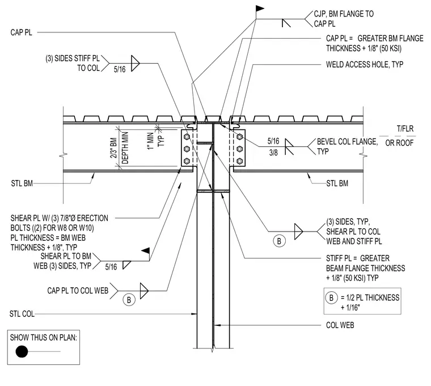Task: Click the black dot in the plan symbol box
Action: (22, 351)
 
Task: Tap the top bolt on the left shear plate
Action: (187, 137)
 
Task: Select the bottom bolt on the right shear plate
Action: (240, 161)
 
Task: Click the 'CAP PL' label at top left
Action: (21, 32)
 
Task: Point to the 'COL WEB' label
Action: (340, 325)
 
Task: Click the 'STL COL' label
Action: (22, 314)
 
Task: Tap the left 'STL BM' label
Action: (22, 183)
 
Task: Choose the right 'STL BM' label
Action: (337, 183)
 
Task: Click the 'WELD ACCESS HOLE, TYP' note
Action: (365, 65)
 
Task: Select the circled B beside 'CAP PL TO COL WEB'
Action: (129, 300)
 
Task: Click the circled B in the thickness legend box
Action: (332, 298)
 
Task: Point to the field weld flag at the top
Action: (260, 9)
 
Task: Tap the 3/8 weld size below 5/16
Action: (273, 153)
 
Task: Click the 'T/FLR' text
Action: (405, 129)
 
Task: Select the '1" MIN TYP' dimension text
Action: (155, 141)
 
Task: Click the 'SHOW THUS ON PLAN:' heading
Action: (44, 337)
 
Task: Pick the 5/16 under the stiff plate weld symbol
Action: (120, 69)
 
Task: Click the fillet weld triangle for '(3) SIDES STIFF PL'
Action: (135, 63)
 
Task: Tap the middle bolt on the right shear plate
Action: (240, 149)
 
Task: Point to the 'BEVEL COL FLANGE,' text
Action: (348, 142)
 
